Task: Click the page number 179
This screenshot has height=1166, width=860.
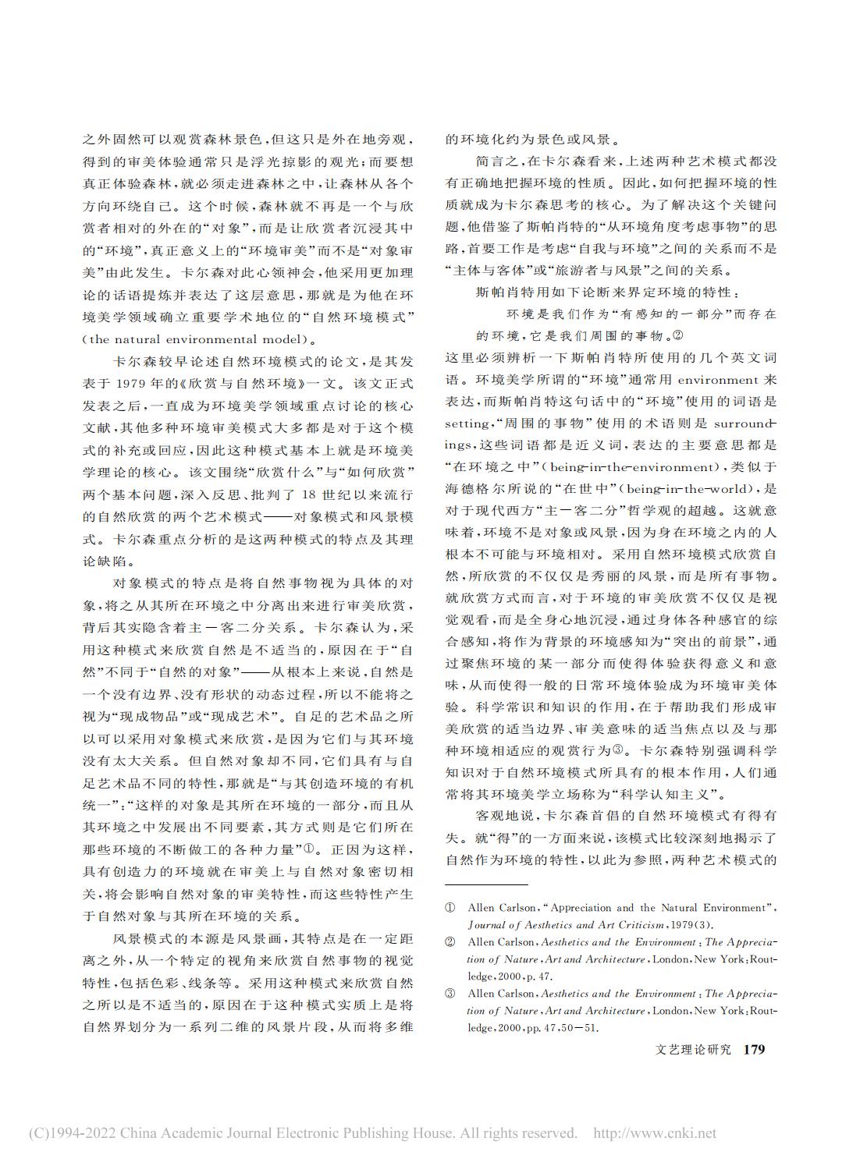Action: click(754, 1050)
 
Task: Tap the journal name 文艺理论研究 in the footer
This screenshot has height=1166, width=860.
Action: click(694, 1050)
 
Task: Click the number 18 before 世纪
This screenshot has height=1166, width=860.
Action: click(310, 496)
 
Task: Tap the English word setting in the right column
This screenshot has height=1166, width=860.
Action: click(467, 424)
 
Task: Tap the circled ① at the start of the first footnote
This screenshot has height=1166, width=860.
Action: click(450, 908)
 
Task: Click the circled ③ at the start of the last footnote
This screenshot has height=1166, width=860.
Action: click(450, 994)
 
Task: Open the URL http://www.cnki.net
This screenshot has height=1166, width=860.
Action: click(655, 1133)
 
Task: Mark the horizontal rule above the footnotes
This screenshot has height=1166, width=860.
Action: click(486, 884)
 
